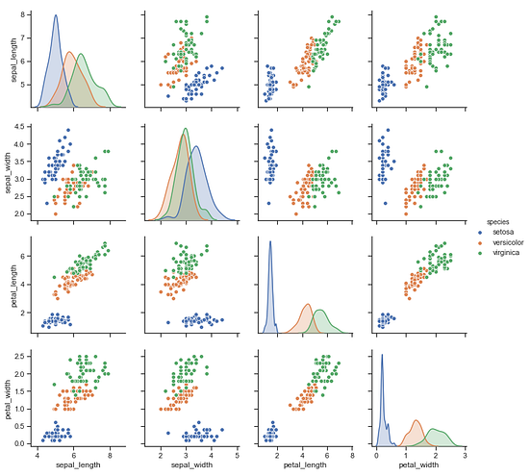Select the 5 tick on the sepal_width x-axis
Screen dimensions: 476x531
pyautogui.click(x=236, y=454)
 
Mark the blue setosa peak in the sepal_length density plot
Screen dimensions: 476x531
pyautogui.click(x=55, y=16)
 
